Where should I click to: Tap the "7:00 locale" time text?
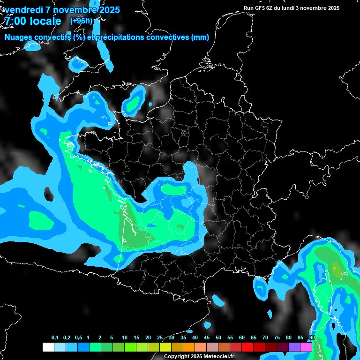tap(33, 21)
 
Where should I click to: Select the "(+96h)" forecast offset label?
tap(81, 21)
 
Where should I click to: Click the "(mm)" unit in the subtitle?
tap(200, 37)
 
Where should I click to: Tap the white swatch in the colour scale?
tap(48, 347)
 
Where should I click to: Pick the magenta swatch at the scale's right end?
tap(306, 347)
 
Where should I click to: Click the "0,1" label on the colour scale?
tap(55, 338)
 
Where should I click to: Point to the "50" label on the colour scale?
tap(218, 338)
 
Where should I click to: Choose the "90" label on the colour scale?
tap(312, 338)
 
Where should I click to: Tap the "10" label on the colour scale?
tap(125, 338)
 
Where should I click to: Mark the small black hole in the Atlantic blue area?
tap(48, 193)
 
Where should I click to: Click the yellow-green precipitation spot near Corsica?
tap(336, 268)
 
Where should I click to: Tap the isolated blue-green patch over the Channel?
tap(135, 100)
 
